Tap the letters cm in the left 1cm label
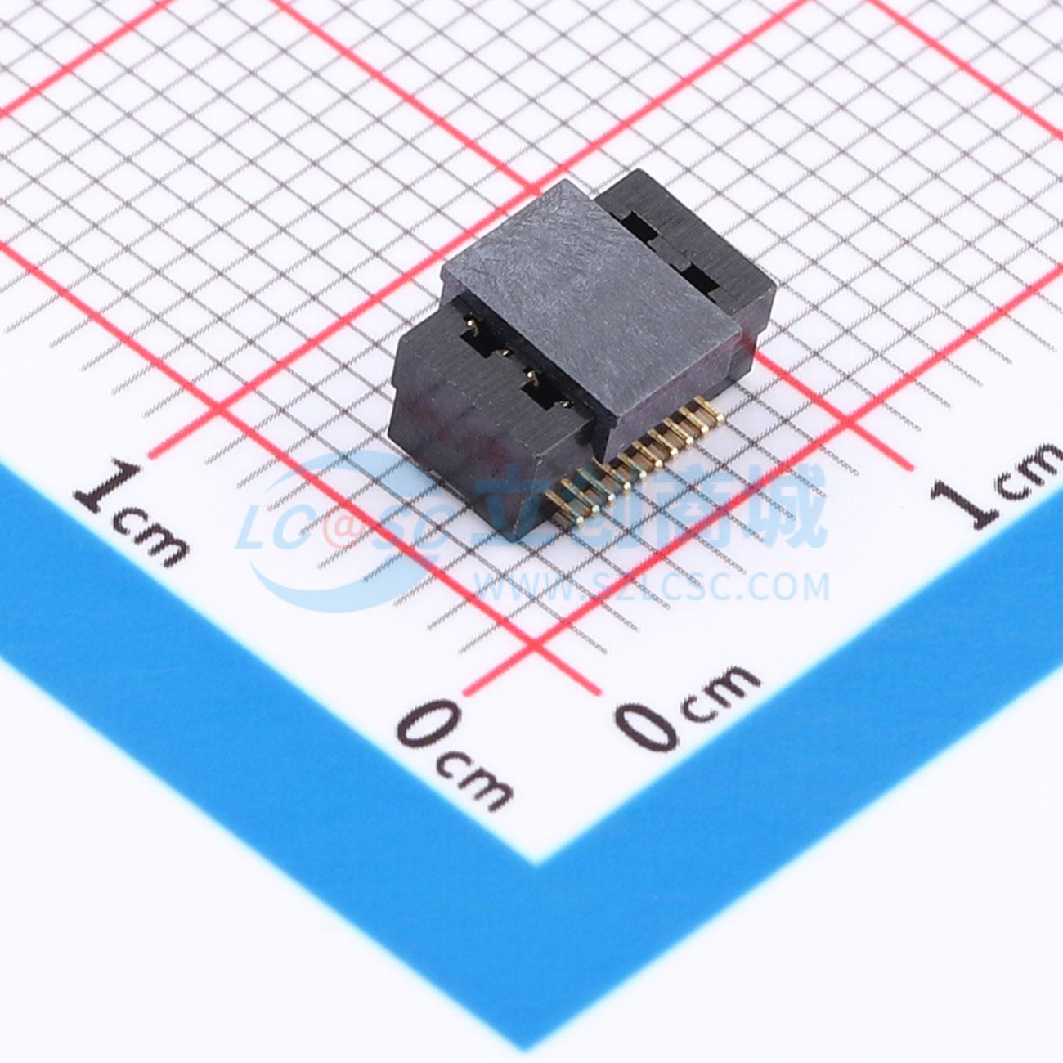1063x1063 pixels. click(152, 540)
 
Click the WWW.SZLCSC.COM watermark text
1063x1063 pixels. click(651, 586)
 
